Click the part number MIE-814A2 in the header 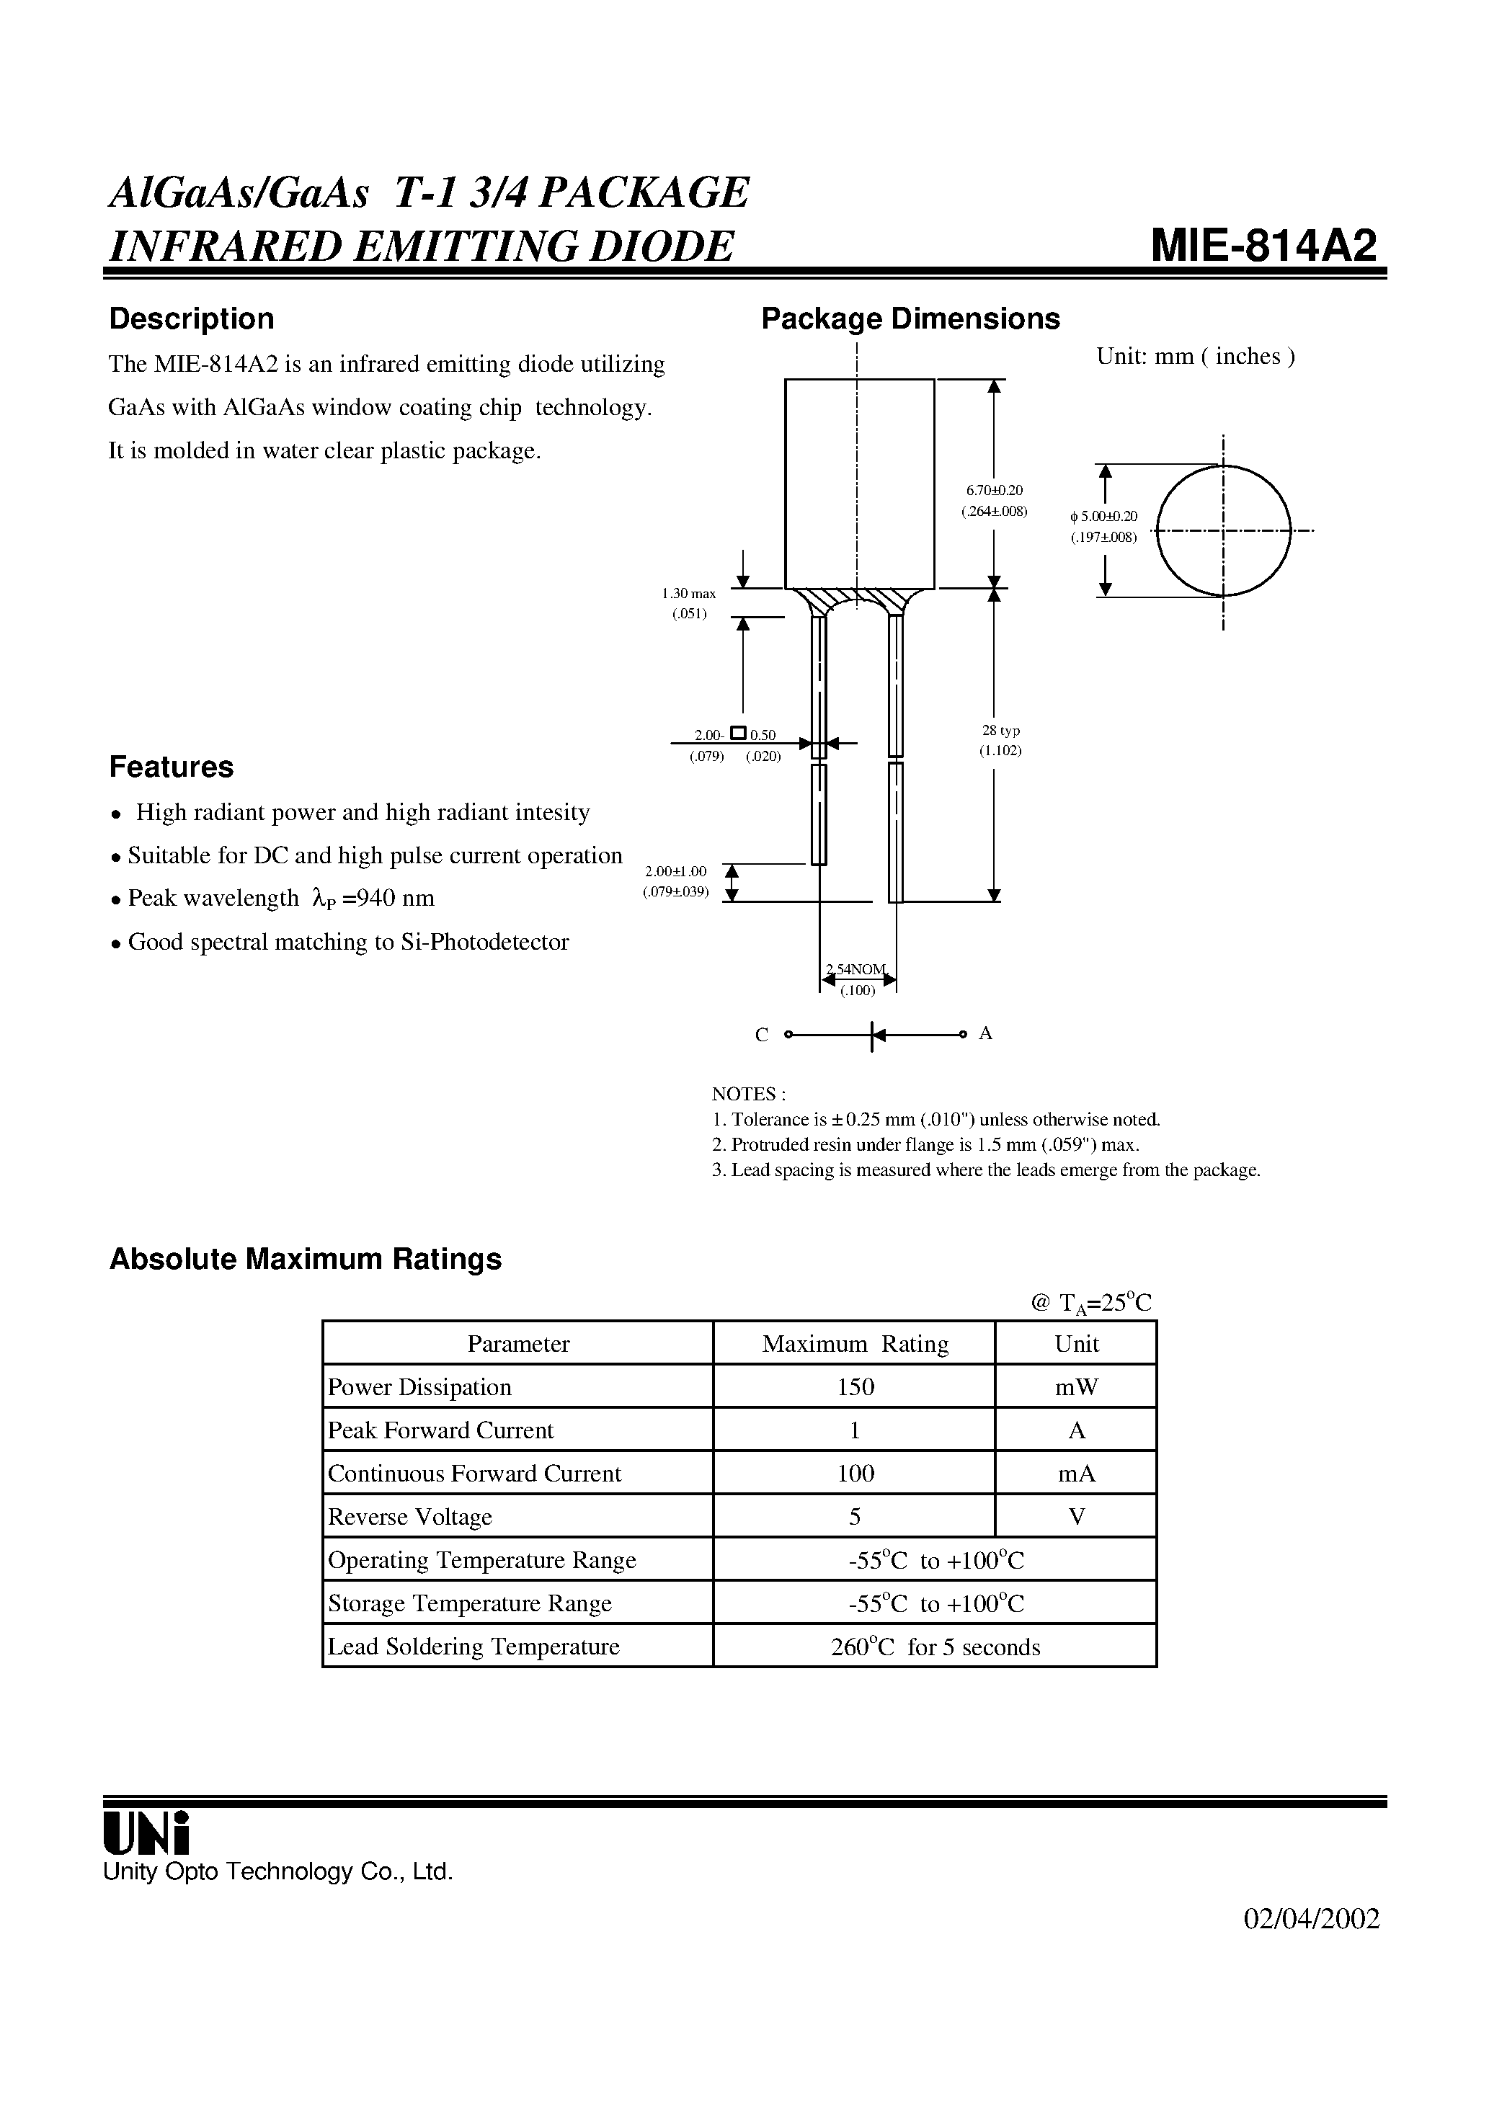[x=1264, y=245]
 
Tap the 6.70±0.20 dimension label [x=994, y=491]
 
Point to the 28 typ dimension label [x=1000, y=731]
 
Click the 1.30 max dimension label [x=688, y=594]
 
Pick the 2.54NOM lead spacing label [x=856, y=969]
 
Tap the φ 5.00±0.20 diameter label [x=1103, y=517]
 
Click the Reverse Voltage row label [x=409, y=1517]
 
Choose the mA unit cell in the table [x=1076, y=1474]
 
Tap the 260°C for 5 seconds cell [x=935, y=1647]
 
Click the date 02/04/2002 [x=1311, y=1919]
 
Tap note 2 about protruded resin [x=925, y=1144]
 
